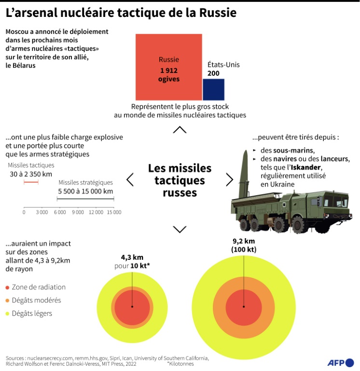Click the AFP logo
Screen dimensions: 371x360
341,362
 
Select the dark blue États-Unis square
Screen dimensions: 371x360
213,90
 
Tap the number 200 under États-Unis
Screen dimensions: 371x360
214,73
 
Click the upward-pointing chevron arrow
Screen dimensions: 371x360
180,129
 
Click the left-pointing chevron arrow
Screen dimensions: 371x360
130,179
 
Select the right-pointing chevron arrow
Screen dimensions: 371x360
229,179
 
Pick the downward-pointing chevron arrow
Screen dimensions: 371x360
180,229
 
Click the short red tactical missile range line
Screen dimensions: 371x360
31,182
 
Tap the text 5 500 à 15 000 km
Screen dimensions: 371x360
85,191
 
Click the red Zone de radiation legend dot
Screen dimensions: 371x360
7,287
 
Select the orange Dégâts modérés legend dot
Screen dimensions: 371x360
7,300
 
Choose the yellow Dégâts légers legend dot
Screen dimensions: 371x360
7,314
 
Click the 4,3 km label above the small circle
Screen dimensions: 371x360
132,257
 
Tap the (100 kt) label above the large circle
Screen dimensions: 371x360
244,249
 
